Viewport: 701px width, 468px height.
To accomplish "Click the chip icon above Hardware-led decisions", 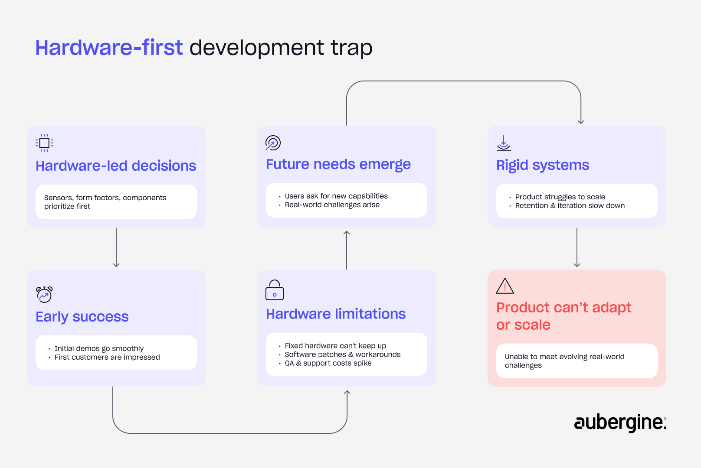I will (44, 143).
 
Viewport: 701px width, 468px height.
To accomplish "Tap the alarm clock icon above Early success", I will (44, 294).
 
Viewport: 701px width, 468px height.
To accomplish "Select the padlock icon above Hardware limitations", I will (275, 290).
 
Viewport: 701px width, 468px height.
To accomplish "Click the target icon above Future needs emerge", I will (273, 143).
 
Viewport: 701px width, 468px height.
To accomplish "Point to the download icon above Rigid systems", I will (504, 143).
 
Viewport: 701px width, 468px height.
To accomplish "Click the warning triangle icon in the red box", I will (505, 286).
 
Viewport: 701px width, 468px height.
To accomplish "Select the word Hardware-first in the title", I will (109, 48).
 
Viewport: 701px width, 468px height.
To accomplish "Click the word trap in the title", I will (351, 48).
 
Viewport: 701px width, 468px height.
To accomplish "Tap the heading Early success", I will (82, 317).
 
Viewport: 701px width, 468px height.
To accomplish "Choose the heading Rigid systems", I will (542, 165).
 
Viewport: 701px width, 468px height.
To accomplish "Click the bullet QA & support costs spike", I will (328, 363).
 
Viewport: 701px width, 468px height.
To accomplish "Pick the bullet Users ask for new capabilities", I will (336, 196).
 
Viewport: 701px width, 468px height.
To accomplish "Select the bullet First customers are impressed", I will (107, 357).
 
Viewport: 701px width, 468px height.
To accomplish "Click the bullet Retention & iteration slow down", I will (570, 205).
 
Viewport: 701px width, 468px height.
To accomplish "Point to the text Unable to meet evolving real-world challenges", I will (564, 361).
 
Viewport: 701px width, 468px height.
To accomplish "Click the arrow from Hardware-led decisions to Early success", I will (116, 247).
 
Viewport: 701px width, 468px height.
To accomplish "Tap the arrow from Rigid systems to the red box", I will (577, 247).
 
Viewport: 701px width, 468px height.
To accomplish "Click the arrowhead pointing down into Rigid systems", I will (581, 121).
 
